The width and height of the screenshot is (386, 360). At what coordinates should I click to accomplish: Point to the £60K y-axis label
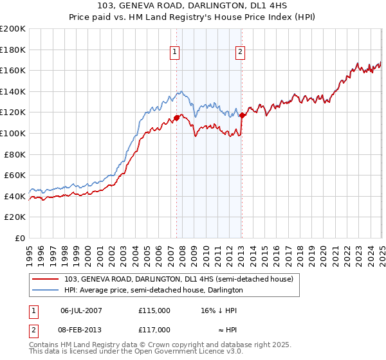tap(15, 175)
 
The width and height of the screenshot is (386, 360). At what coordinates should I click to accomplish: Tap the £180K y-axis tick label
tap(13, 50)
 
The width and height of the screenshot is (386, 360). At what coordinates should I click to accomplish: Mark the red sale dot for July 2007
tap(177, 117)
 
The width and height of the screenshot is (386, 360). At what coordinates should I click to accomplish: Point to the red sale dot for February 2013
tap(243, 116)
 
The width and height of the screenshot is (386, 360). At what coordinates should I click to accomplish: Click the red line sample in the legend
tap(46, 279)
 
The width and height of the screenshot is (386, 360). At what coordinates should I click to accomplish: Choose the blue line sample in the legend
tap(46, 290)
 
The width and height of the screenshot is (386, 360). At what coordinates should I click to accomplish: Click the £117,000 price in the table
tap(154, 329)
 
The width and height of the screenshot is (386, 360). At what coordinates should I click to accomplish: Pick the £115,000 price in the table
tap(154, 310)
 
